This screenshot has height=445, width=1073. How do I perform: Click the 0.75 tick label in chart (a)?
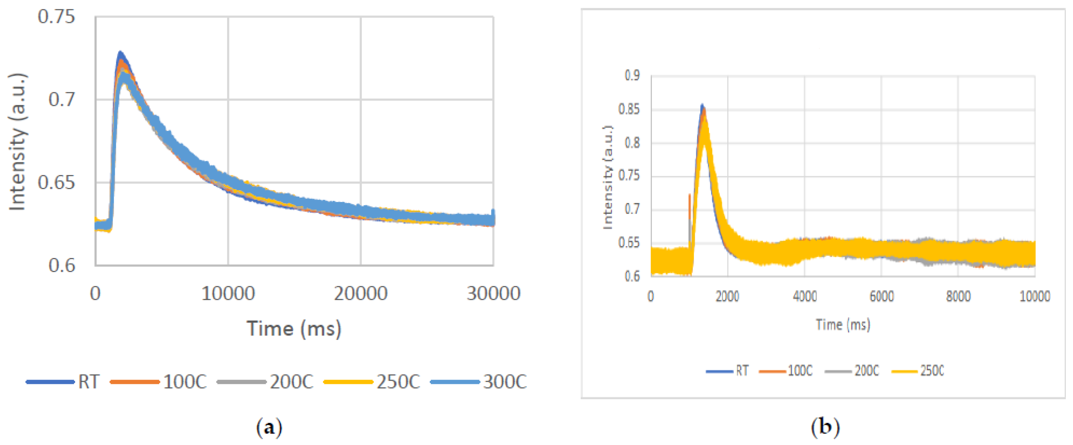[x=56, y=17]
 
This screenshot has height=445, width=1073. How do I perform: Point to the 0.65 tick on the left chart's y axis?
[x=56, y=183]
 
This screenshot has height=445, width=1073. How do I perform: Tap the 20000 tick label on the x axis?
[x=360, y=294]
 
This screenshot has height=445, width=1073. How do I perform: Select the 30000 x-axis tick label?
[x=493, y=294]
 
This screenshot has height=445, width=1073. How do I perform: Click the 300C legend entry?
[x=479, y=382]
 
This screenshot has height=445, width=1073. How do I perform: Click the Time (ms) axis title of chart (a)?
[x=294, y=329]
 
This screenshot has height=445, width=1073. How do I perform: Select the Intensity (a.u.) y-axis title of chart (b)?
[x=608, y=177]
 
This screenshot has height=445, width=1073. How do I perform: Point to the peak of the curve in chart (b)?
[x=702, y=105]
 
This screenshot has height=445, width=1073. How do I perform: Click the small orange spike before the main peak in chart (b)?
[x=689, y=196]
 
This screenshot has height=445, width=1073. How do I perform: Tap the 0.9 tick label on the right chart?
[x=632, y=76]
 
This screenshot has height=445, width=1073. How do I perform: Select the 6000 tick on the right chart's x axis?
[x=881, y=296]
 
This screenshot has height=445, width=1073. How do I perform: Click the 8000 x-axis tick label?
[x=958, y=296]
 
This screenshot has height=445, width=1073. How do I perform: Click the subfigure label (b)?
[x=825, y=427]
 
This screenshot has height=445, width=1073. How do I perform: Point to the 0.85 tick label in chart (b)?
[x=629, y=109]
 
